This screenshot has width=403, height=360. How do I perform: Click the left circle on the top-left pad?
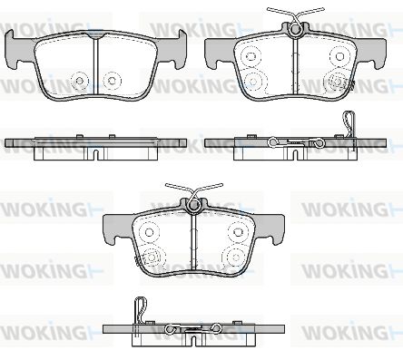[80, 81]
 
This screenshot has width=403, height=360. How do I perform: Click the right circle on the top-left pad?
[112, 81]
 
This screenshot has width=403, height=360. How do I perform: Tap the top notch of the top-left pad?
[96, 35]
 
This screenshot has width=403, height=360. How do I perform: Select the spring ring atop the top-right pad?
[296, 29]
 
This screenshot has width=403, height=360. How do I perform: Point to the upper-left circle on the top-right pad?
[251, 56]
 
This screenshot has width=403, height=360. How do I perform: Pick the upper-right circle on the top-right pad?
[339, 56]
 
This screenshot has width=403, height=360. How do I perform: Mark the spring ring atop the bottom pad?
[193, 206]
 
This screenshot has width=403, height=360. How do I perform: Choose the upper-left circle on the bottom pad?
[149, 232]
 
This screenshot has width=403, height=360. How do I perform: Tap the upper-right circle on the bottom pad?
[238, 232]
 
